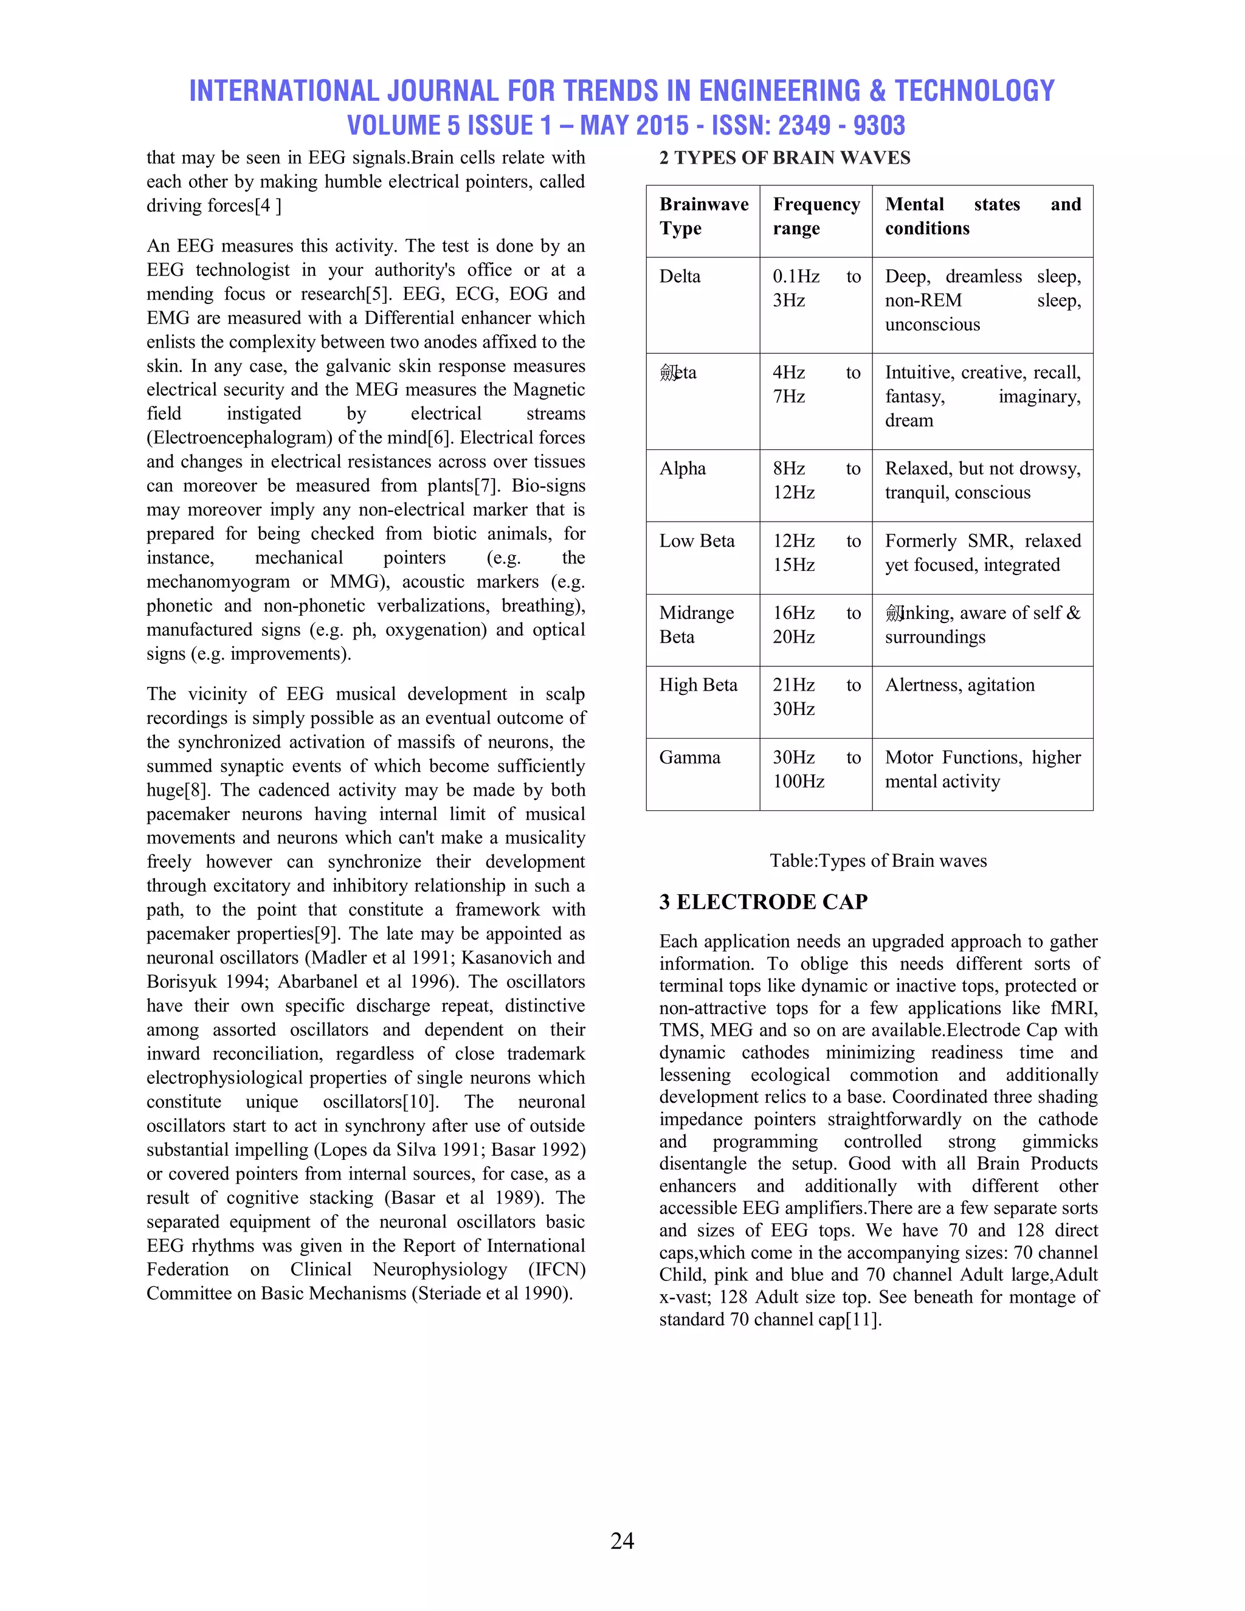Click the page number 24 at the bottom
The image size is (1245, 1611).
point(622,1540)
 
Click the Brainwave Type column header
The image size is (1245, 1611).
point(703,216)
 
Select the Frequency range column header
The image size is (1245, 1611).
point(816,216)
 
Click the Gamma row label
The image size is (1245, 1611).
point(689,757)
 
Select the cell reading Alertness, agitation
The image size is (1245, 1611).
point(959,685)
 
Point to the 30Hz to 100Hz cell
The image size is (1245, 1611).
point(816,770)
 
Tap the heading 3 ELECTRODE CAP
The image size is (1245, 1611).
point(764,902)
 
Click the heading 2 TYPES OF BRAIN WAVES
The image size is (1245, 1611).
point(785,158)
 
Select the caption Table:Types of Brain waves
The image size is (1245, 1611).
point(878,861)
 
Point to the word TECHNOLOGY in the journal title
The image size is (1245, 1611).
point(974,91)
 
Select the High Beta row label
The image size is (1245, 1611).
point(698,685)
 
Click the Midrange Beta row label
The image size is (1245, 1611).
point(696,625)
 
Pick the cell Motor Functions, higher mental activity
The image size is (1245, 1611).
point(982,770)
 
